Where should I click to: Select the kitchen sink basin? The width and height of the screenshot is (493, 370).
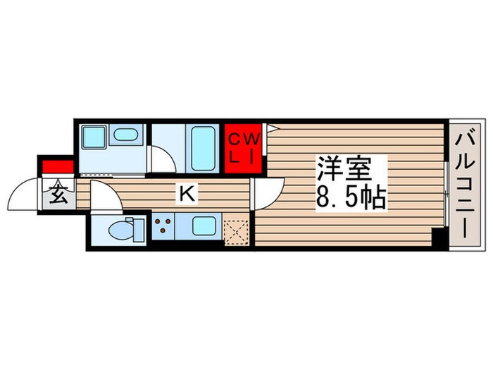coord(204,227)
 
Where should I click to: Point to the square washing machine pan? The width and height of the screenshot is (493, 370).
coord(92,136)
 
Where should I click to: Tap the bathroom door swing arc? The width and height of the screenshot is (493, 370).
coord(162,160)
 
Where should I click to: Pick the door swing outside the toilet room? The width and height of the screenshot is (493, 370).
coord(106,197)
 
